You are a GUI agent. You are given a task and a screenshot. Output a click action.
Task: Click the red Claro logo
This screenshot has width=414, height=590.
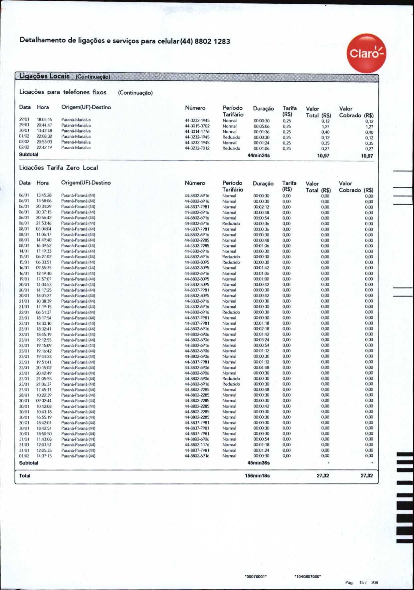(366, 53)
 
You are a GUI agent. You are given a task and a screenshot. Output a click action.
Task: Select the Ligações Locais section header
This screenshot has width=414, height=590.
(45, 76)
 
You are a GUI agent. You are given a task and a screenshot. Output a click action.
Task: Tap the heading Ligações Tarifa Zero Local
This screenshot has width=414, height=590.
(59, 168)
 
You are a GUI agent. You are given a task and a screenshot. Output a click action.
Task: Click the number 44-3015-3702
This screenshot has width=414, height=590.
(197, 126)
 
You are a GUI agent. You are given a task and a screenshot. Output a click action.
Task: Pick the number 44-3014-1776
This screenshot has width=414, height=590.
(197, 132)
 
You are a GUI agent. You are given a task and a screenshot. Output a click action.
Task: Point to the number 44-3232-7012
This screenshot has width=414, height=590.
(197, 148)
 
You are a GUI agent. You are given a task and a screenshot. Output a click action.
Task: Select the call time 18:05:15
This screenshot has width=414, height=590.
(44, 120)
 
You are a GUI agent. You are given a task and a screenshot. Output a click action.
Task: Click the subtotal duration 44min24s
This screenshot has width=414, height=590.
(259, 156)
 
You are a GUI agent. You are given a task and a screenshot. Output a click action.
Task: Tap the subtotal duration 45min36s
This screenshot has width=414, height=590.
(259, 463)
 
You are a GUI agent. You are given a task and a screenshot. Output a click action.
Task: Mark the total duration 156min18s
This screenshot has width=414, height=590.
(257, 476)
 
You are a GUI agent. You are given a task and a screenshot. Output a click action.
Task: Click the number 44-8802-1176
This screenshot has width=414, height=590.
(197, 445)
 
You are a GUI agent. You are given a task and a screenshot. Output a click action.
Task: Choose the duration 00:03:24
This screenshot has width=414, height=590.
(261, 340)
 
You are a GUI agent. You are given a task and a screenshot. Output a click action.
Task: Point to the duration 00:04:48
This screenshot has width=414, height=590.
(261, 367)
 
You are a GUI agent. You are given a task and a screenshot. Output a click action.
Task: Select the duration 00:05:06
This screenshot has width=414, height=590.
(261, 126)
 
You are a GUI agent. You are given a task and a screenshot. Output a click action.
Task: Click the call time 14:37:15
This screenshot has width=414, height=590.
(44, 456)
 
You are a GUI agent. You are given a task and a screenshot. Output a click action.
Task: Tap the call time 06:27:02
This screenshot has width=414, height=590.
(44, 257)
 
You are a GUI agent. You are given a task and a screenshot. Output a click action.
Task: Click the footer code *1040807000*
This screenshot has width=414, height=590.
(308, 577)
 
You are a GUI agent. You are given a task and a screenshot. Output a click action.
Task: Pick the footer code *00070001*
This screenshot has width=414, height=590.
(256, 577)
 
